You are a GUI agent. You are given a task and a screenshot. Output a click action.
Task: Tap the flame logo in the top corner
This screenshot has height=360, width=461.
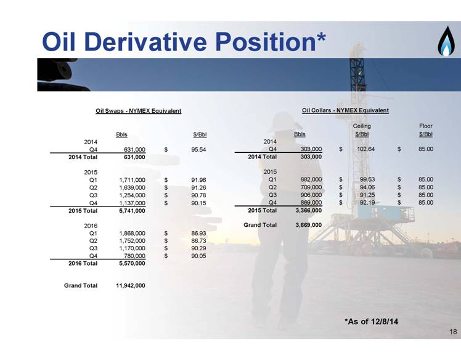coord(446,41)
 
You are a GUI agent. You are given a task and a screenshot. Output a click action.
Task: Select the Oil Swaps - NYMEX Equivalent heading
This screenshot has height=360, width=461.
coord(139,111)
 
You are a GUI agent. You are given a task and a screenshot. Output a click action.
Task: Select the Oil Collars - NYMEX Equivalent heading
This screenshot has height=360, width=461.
coord(345,110)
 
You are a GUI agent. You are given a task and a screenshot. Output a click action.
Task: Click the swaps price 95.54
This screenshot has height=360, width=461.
coord(198,149)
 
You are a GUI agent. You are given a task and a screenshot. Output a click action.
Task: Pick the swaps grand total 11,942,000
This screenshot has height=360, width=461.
coord(131,285)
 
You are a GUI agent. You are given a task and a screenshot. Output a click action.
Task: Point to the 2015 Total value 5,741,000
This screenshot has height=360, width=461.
coord(132,211)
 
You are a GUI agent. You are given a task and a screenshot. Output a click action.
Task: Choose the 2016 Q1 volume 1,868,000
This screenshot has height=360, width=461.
coord(132,233)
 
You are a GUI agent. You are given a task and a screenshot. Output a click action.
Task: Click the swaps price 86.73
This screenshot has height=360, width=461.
coord(198,241)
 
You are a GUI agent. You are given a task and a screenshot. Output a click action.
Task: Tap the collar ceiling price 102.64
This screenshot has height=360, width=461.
coord(365,149)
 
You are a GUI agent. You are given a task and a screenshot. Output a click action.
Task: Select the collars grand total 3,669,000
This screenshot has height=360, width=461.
coord(308,225)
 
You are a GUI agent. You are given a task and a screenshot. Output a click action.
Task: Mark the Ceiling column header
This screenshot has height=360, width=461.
coord(362,126)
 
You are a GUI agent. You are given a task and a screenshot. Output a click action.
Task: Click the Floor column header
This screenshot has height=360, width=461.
coord(426,126)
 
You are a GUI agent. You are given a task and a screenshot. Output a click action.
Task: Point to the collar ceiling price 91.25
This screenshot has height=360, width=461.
coord(367,195)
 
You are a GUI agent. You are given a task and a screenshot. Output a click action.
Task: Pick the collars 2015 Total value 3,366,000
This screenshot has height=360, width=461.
coord(308,210)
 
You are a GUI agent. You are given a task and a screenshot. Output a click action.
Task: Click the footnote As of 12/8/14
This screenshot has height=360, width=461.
coord(372,321)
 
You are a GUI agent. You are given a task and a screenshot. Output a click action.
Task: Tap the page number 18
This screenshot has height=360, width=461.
coord(453,332)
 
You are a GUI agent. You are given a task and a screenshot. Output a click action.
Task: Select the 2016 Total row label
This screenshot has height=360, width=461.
coord(83,263)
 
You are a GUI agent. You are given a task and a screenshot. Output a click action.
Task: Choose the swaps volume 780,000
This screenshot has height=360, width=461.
coord(134,256)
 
